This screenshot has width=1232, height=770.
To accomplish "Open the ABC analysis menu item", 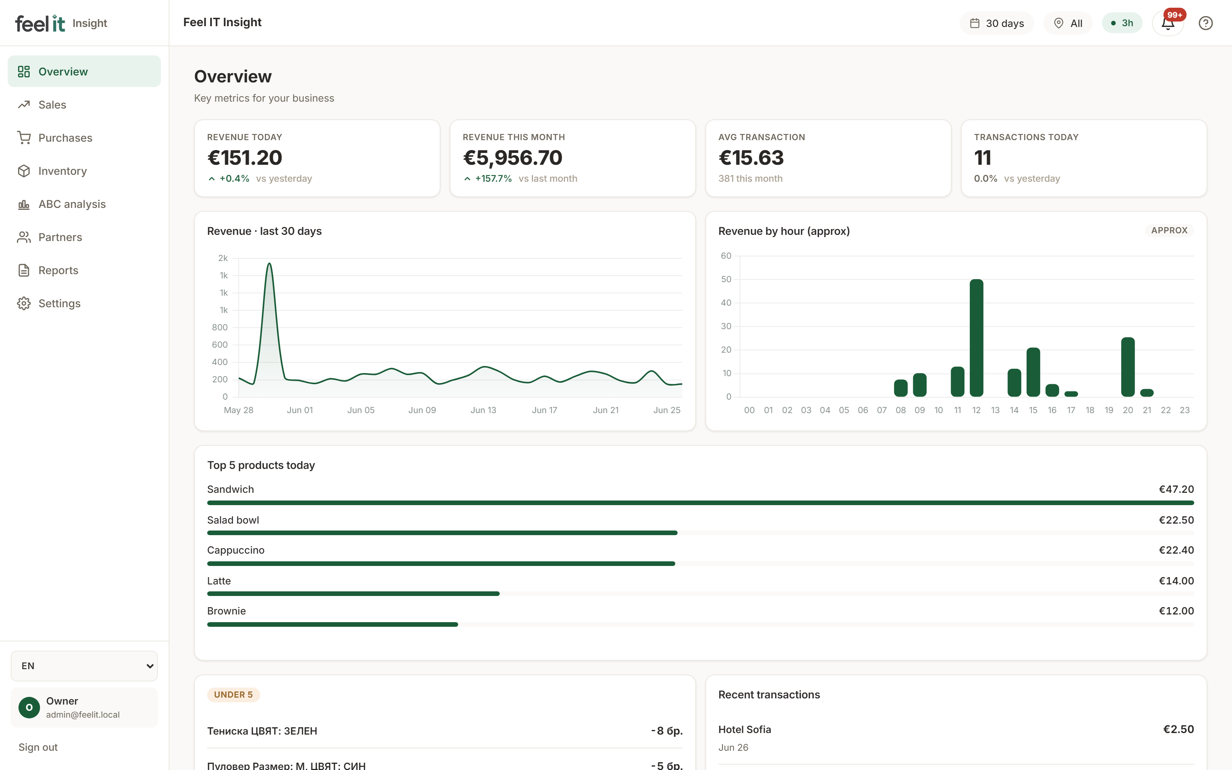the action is [x=72, y=204].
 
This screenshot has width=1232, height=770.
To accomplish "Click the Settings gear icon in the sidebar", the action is [x=24, y=303].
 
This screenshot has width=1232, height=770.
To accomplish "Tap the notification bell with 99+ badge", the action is [x=1168, y=23].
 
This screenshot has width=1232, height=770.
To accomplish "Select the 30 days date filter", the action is [x=996, y=23].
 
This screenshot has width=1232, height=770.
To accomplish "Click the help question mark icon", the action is [x=1205, y=23].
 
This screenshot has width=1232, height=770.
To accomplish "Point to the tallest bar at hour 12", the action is [x=976, y=338].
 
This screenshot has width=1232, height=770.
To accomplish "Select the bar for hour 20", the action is [x=1128, y=367].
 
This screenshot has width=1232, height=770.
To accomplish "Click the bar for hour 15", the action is [x=1033, y=372].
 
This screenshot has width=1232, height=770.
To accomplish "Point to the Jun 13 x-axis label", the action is [x=483, y=410].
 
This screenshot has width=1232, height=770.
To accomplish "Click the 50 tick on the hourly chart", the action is [x=726, y=279].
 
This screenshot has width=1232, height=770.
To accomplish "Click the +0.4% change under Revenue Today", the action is [x=234, y=179].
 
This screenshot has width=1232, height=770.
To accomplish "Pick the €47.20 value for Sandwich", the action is [x=1176, y=489].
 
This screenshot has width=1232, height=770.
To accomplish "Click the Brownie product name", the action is [x=226, y=611].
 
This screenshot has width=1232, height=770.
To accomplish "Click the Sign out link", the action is [x=38, y=747].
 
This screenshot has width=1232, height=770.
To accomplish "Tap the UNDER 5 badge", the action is [x=233, y=695].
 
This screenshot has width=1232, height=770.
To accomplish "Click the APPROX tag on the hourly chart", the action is [x=1169, y=231].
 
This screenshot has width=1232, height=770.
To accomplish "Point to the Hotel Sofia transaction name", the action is [x=744, y=729].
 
